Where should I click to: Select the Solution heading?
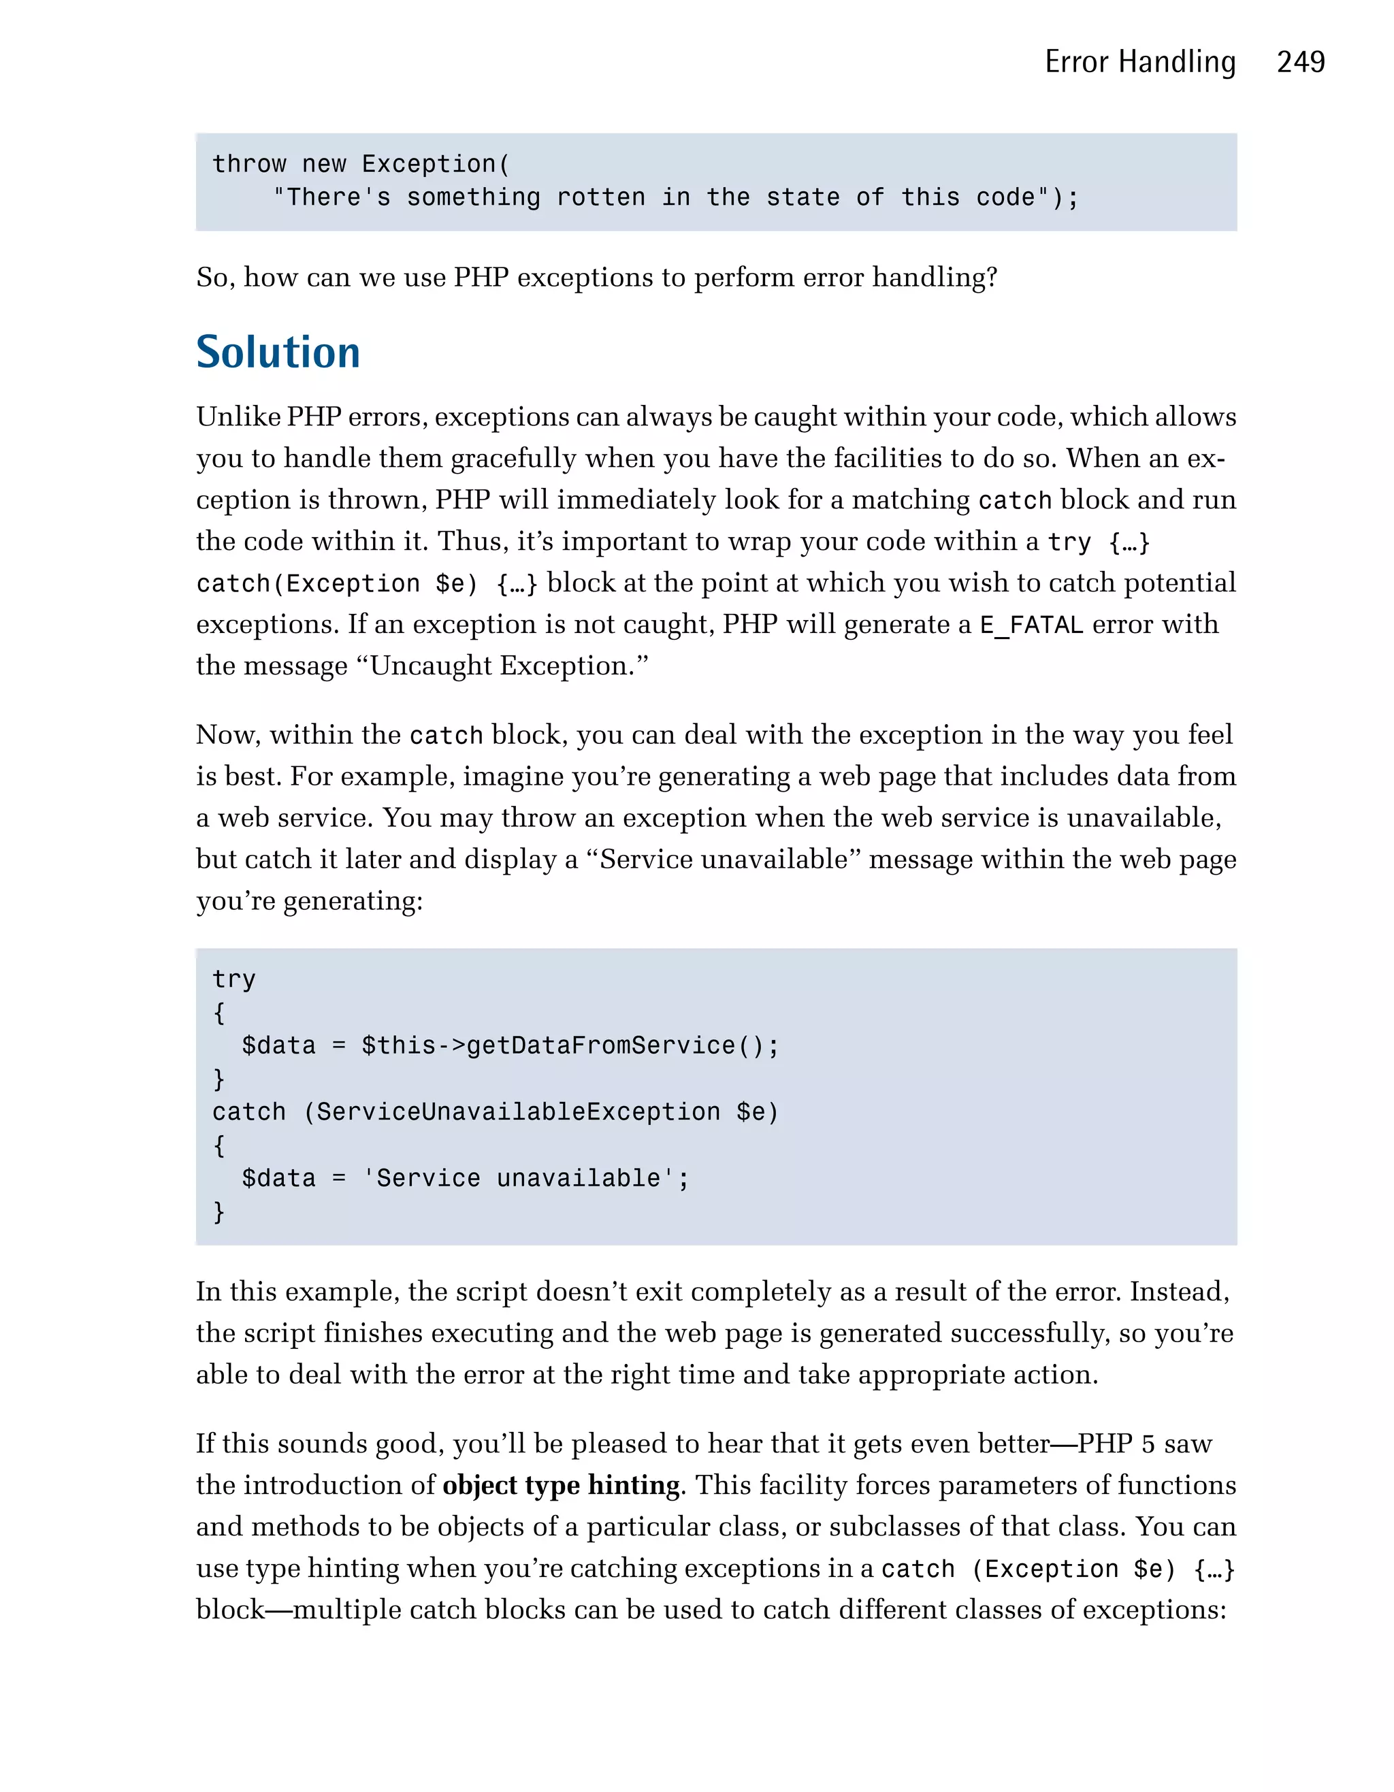(278, 352)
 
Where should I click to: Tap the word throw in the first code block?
(249, 164)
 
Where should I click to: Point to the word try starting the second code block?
(234, 979)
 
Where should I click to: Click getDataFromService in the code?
(600, 1045)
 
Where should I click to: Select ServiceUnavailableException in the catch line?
(518, 1112)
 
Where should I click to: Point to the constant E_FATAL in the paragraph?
(1031, 625)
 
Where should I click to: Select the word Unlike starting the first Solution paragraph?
(238, 417)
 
